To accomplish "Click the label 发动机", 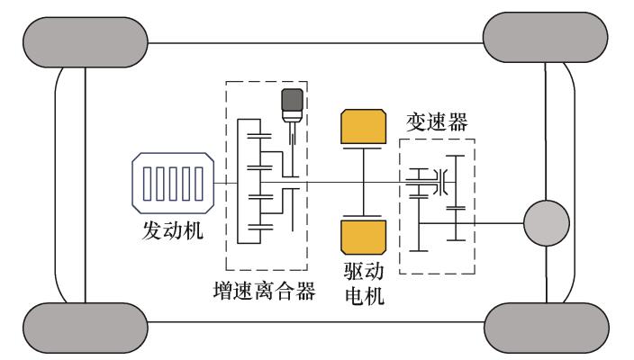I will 171,230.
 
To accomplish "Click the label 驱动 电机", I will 365,282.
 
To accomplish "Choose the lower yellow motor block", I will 364,238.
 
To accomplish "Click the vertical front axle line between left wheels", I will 85,180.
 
